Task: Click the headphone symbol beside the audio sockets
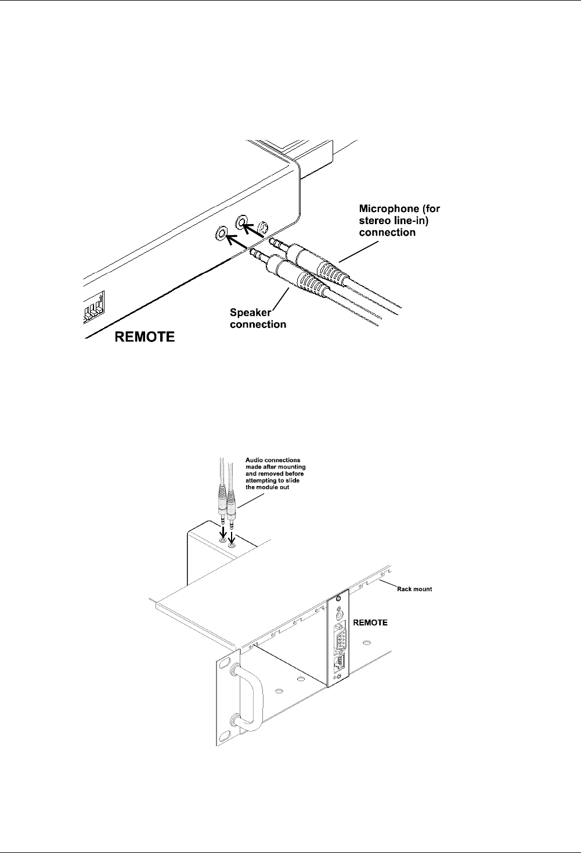263,228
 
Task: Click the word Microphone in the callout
389,209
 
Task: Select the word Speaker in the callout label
251,312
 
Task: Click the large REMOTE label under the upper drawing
145,337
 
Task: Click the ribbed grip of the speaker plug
312,284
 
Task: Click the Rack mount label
414,589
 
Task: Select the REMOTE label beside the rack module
370,622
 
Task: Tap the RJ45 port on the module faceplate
338,663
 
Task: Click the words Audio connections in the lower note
273,460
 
